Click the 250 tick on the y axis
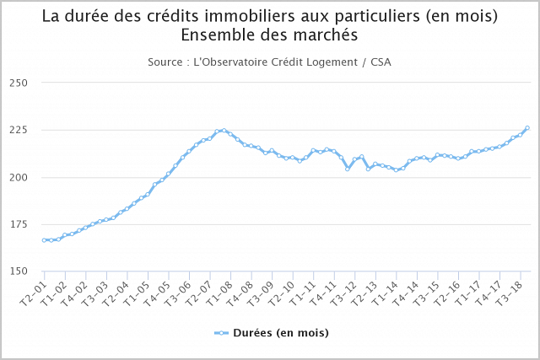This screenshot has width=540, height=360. (x=19, y=83)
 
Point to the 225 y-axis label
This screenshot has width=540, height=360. (x=19, y=130)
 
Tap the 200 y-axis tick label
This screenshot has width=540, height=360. (x=19, y=177)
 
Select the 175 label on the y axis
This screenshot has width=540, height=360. (x=19, y=224)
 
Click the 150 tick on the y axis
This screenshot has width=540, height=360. (x=19, y=271)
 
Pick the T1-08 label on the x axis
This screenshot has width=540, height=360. (x=221, y=291)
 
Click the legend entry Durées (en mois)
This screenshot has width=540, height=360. (x=280, y=333)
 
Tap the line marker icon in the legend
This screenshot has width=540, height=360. (x=221, y=333)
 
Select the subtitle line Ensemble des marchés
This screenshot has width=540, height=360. (x=269, y=35)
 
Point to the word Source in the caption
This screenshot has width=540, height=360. (x=165, y=62)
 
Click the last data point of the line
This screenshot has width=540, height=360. (x=527, y=128)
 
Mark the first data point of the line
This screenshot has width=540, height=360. (x=44, y=240)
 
